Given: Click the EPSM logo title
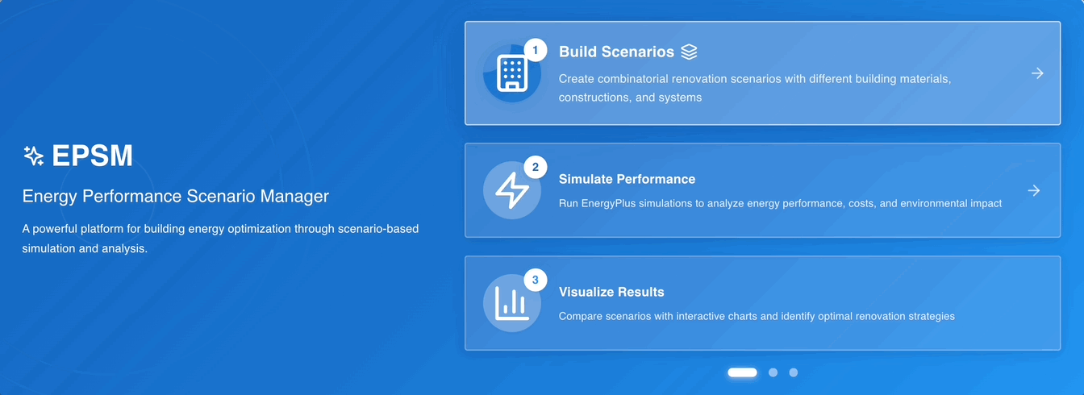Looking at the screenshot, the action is pyautogui.click(x=92, y=156).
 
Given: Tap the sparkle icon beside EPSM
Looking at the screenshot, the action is pyautogui.click(x=33, y=156).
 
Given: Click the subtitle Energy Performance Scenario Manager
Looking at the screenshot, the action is pyautogui.click(x=176, y=197).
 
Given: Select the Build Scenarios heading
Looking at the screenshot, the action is pyautogui.click(x=616, y=52).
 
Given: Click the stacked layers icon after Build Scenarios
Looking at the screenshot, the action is pyautogui.click(x=689, y=52).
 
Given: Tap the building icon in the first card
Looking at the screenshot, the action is pyautogui.click(x=512, y=73).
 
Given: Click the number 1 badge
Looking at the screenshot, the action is pyautogui.click(x=536, y=50).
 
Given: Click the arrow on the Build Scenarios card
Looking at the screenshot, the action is pyautogui.click(x=1037, y=73).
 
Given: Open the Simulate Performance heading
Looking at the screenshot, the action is pyautogui.click(x=627, y=180).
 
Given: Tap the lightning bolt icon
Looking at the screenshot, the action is pyautogui.click(x=512, y=190).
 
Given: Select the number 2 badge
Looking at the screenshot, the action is pyautogui.click(x=536, y=168).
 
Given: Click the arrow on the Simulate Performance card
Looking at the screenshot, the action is pyautogui.click(x=1034, y=190).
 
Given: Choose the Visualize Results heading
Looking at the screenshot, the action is pyautogui.click(x=611, y=292).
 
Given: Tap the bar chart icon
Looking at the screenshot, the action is pyautogui.click(x=512, y=303).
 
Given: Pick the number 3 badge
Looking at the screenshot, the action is pyautogui.click(x=536, y=280).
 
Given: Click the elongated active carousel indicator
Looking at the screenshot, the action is pyautogui.click(x=742, y=372).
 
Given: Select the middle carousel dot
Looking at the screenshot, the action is pyautogui.click(x=773, y=372).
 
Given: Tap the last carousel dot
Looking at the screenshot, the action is pyautogui.click(x=794, y=372).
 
